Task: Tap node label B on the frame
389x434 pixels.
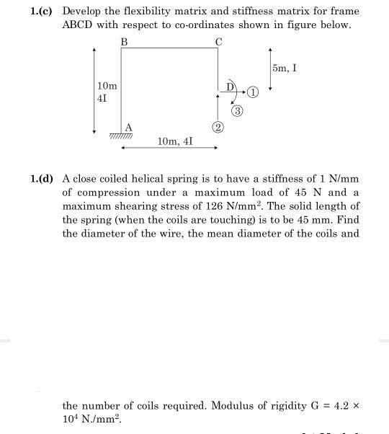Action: (124, 42)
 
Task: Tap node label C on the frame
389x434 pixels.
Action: (218, 42)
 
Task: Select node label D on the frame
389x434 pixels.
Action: (230, 87)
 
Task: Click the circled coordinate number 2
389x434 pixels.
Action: (217, 128)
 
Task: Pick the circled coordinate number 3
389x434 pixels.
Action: (237, 111)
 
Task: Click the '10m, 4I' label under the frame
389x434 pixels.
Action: (175, 143)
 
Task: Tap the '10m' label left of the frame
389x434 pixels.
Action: (106, 87)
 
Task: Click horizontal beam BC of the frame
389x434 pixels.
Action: (171, 49)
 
